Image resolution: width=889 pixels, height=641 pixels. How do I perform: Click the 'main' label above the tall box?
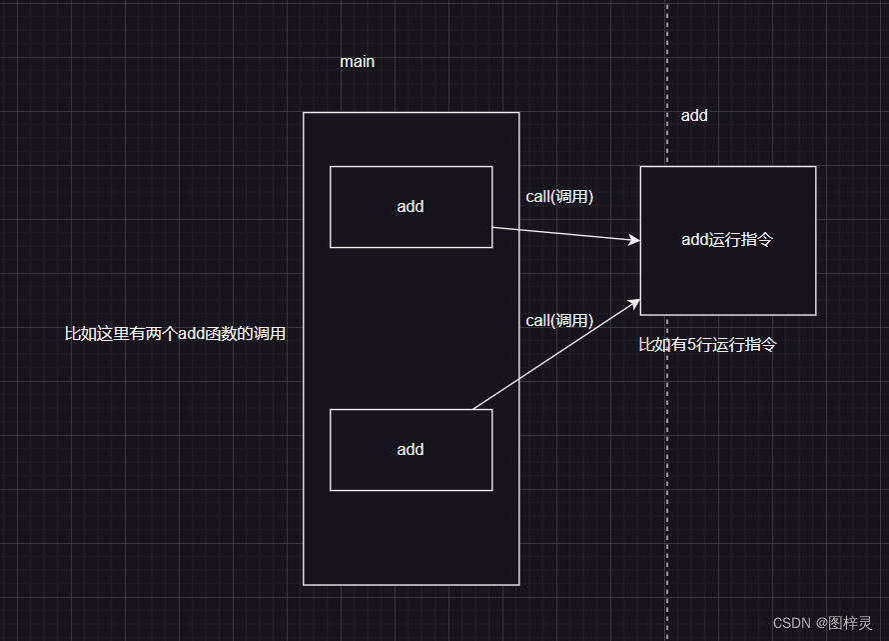[x=357, y=62]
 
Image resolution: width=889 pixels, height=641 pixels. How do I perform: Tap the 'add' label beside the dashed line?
[x=694, y=116]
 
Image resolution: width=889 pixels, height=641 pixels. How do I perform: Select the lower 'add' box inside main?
[x=411, y=472]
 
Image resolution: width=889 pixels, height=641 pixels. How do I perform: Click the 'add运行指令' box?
[x=727, y=280]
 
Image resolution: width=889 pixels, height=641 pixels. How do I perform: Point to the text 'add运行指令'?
[x=727, y=240]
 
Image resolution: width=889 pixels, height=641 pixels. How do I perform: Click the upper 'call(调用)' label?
[x=559, y=197]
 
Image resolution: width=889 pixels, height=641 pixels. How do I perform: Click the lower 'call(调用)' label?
[x=559, y=321]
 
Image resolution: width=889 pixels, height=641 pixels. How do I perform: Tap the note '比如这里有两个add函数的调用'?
[x=175, y=334]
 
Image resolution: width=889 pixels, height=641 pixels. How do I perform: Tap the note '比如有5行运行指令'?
[x=708, y=345]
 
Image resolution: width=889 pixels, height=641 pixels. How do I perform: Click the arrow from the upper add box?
[x=564, y=234]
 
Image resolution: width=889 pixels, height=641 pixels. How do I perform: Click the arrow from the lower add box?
[x=554, y=354]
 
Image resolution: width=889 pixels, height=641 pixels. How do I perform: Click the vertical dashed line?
[x=667, y=450]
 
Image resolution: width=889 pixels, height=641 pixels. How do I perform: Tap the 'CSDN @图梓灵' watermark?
[x=822, y=623]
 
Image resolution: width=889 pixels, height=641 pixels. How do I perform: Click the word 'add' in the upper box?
[x=411, y=207]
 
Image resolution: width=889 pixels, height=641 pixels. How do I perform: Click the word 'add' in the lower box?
[x=411, y=450]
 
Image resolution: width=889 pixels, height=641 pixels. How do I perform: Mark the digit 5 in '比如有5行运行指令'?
[x=692, y=345]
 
